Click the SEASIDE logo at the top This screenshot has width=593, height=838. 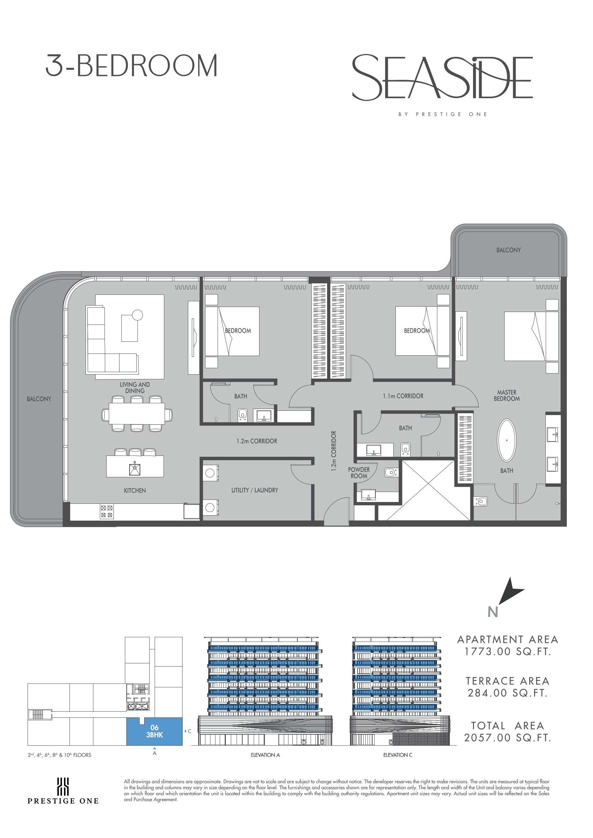pos(442,77)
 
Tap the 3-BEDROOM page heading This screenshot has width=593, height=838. pos(131,66)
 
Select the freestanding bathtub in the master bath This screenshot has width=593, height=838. pos(507,440)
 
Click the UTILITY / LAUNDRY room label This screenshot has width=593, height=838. pos(254,490)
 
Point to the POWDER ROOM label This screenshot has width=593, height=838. pos(359,473)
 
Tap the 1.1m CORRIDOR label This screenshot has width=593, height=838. pos(403,396)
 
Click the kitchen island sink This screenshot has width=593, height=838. pos(135,469)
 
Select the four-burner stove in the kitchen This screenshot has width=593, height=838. pos(106,511)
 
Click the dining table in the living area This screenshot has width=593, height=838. pos(137,414)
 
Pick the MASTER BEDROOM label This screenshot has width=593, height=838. pos(507,396)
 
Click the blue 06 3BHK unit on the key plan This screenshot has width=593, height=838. pos(155,731)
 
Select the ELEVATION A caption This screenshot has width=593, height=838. pos(265,755)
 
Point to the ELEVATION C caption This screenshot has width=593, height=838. pos(398,755)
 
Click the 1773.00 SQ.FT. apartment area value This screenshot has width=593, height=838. pos(507,652)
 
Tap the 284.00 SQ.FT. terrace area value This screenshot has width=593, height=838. pos(507,693)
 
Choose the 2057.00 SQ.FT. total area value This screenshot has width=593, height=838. pos(507,737)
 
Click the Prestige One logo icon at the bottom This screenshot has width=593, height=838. pos(63,786)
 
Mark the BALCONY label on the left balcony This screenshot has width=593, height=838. pos(39,399)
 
